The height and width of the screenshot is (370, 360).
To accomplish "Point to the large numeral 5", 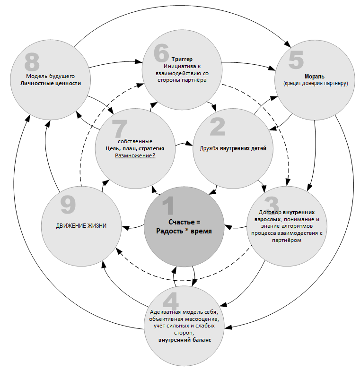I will pyautogui.click(x=296, y=61).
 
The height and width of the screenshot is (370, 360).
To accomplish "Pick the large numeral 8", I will pyautogui.click(x=32, y=62).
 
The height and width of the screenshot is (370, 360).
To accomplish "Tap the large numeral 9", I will pyautogui.click(x=68, y=205).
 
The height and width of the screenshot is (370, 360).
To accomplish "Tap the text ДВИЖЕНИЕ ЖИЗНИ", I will pyautogui.click(x=80, y=226).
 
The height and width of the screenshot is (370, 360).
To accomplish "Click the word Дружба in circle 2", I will pyautogui.click(x=209, y=148).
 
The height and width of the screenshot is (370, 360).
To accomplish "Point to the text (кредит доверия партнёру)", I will pyautogui.click(x=316, y=83).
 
